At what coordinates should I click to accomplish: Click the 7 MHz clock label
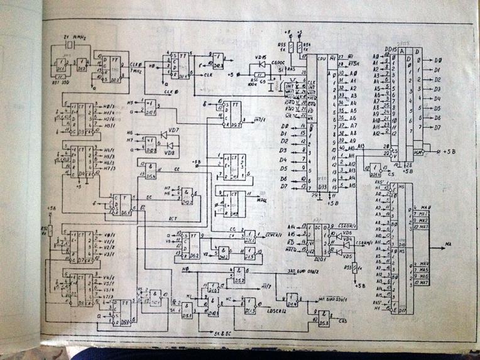pyautogui.click(x=136, y=70)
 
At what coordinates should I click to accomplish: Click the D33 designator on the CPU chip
pyautogui.click(x=323, y=187)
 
